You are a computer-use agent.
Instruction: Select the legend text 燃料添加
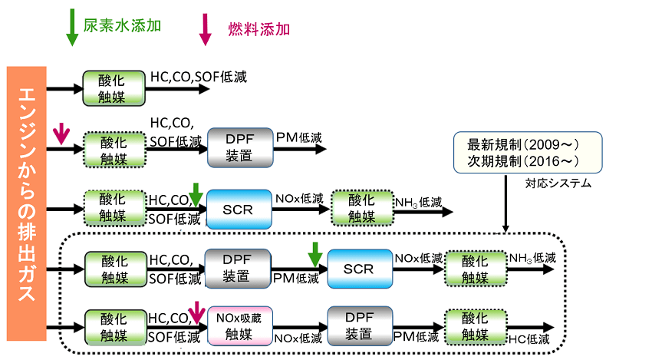[x=258, y=29]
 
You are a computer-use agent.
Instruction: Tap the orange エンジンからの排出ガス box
[x=26, y=203]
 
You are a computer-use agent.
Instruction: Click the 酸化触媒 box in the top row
[x=113, y=88]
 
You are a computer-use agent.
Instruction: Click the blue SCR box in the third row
[x=239, y=209]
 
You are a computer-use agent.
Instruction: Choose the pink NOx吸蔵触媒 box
[x=239, y=326]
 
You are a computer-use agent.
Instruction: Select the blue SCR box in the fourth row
[x=358, y=269]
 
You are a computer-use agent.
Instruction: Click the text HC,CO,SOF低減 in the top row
[x=198, y=77]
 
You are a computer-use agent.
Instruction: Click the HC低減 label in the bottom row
[x=529, y=339]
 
